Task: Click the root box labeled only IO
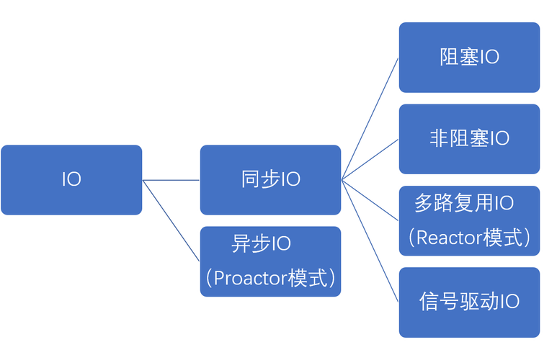tap(71, 179)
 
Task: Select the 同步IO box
tap(270, 179)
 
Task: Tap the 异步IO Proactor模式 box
tap(270, 261)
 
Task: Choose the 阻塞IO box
tap(469, 57)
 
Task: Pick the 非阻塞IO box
tap(469, 138)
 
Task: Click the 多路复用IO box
tap(469, 220)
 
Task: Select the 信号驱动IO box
tap(469, 302)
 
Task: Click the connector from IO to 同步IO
tap(171, 180)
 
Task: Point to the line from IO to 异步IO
tap(171, 220)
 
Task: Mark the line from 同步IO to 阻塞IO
tap(370, 119)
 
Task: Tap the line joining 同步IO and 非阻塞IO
tap(370, 160)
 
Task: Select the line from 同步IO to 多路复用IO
tap(370, 200)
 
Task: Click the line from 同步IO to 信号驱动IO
tap(370, 240)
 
